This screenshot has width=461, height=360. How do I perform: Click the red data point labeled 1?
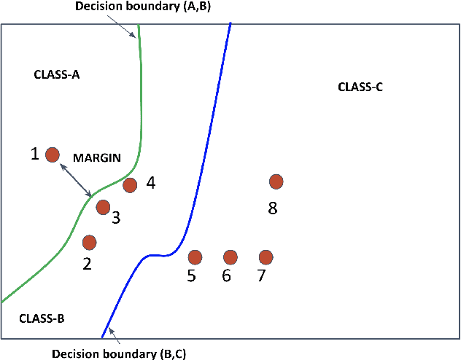coord(53,154)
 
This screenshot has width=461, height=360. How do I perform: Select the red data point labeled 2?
coord(90,242)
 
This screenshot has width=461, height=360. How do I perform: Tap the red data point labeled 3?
coord(103,207)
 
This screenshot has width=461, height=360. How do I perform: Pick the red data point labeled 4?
coord(130,185)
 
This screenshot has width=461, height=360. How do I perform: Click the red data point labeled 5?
coord(195,257)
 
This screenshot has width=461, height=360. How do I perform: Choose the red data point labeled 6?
coord(230,257)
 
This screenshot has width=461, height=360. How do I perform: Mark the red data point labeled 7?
coord(266,257)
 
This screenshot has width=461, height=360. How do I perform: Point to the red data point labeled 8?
coord(276,181)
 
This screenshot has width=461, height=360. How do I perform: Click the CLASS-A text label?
coord(57,74)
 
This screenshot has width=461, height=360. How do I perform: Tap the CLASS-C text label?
coord(360,87)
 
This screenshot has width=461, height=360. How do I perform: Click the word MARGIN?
coord(96,157)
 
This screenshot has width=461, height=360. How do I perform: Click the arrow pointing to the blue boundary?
coord(112,336)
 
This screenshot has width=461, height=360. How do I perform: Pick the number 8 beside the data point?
coord(273,208)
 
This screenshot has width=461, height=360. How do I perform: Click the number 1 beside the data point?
coord(34,154)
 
